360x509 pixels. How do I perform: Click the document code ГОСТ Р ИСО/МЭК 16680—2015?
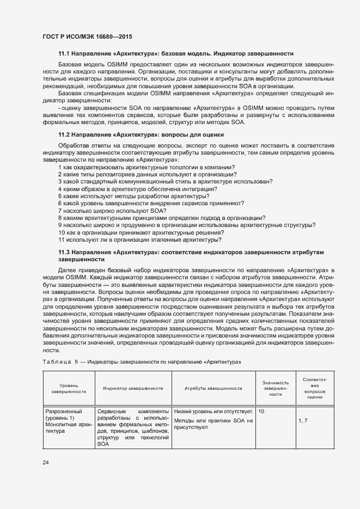[x=87, y=36]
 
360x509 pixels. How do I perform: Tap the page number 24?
[x=46, y=463]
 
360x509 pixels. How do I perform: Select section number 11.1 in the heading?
[x=65, y=54]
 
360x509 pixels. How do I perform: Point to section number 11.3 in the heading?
[x=65, y=253]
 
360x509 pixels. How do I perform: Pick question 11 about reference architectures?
[x=139, y=240]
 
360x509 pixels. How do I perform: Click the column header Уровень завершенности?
[x=69, y=388]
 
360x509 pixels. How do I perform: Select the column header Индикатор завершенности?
[x=133, y=388]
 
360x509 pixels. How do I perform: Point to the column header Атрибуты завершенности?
[x=213, y=388]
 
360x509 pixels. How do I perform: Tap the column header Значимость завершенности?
[x=274, y=388]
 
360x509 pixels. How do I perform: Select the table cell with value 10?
[x=262, y=411]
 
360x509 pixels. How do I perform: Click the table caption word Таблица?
[x=57, y=362]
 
